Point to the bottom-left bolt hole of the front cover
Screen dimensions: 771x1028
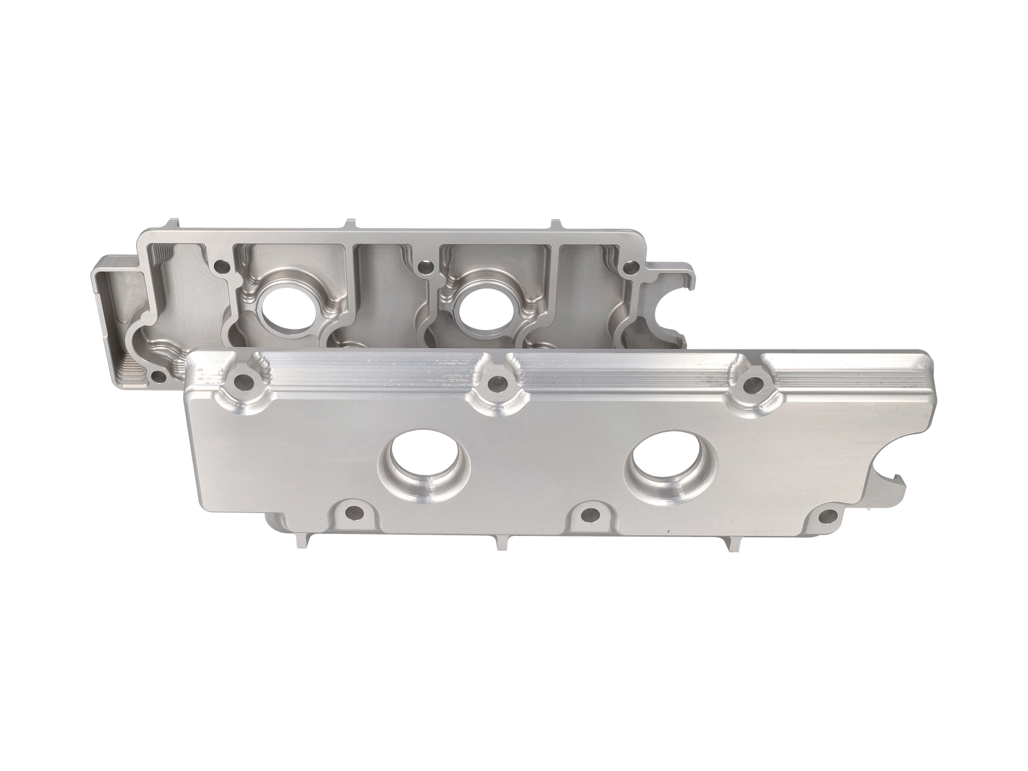(x=351, y=513)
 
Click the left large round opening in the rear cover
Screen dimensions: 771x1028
(x=284, y=312)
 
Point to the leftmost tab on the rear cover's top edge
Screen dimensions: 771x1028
(x=170, y=226)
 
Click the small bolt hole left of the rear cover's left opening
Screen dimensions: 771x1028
(x=222, y=265)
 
